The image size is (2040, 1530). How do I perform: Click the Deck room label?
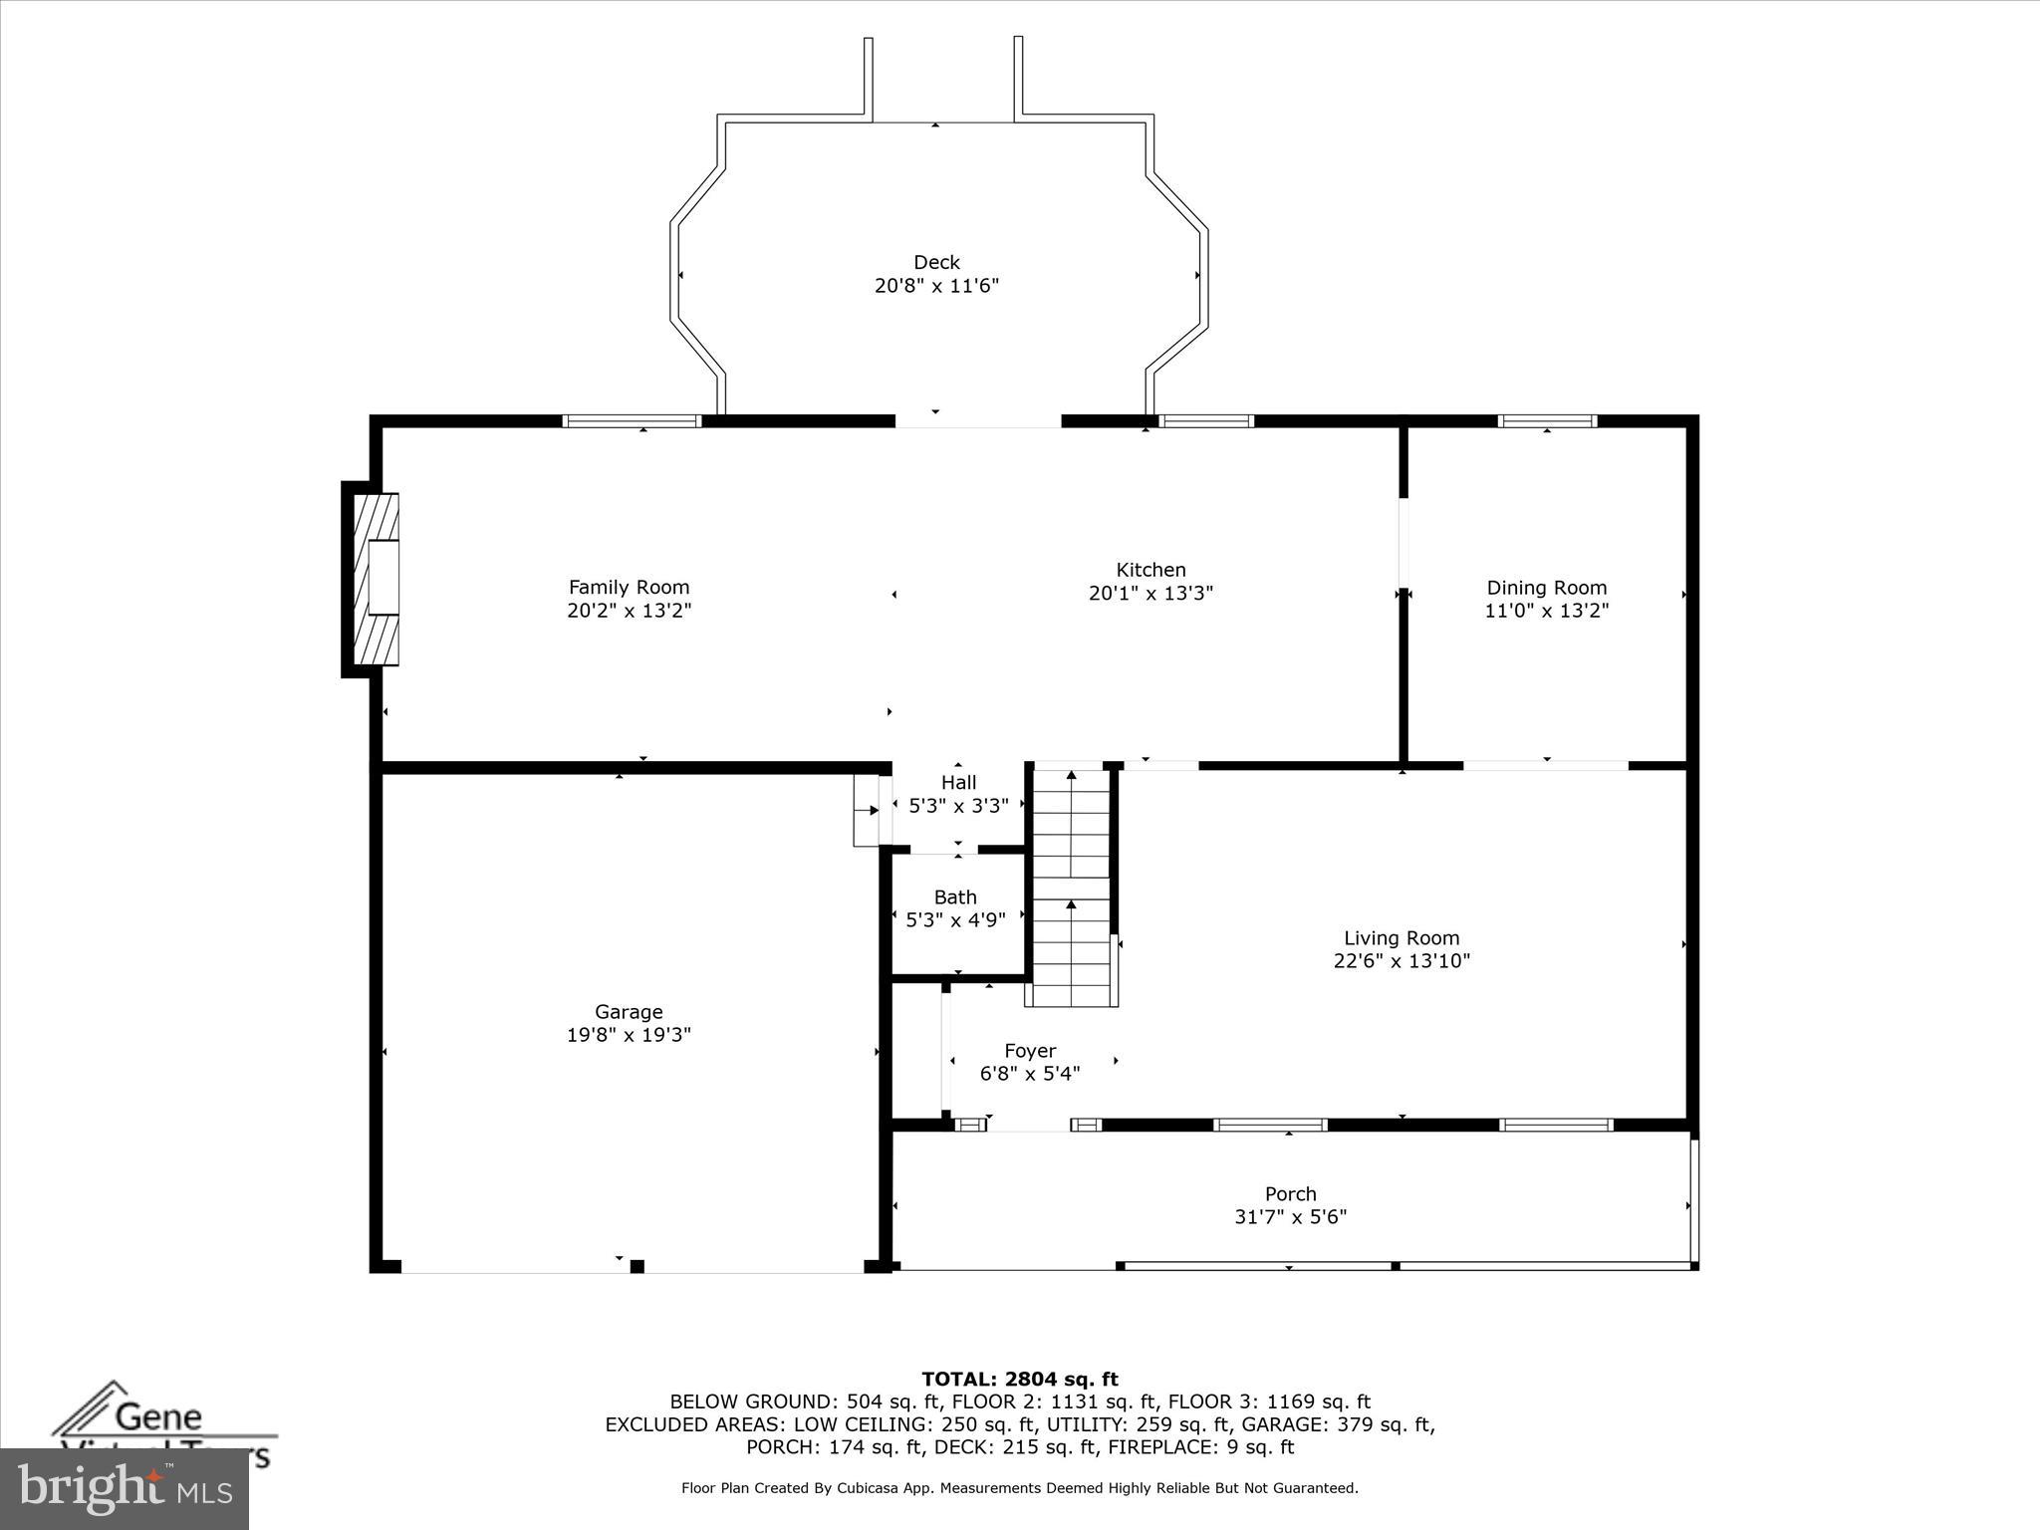click(936, 263)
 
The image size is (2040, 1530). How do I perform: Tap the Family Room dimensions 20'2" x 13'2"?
click(629, 611)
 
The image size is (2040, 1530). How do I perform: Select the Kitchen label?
click(1150, 570)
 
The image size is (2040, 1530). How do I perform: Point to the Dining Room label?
click(1546, 588)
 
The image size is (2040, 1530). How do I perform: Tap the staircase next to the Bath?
click(1071, 887)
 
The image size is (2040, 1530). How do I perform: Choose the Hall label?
click(958, 783)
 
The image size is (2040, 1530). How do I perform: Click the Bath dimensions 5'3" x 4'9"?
click(955, 920)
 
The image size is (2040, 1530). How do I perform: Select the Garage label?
click(629, 1012)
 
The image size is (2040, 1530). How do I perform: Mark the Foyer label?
click(1030, 1051)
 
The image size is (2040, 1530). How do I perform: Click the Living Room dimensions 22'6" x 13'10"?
click(1402, 961)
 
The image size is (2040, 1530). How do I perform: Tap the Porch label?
click(1290, 1193)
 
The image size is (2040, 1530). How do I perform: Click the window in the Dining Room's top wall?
click(1547, 421)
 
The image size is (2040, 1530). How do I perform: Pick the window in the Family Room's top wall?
click(632, 421)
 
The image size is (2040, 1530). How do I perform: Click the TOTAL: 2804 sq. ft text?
click(1019, 1380)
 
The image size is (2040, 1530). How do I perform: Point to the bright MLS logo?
click(124, 1489)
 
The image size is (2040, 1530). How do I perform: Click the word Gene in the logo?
click(158, 1416)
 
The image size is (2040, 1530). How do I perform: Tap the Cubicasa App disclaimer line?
click(1019, 1488)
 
